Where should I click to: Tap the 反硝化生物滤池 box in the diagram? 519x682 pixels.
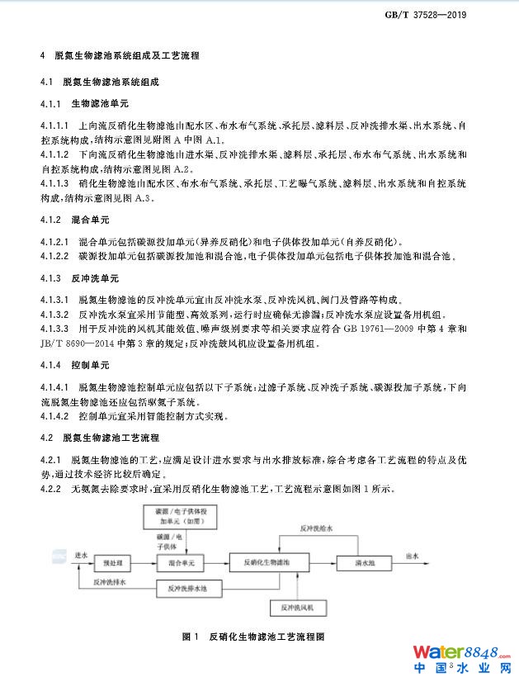click(x=268, y=562)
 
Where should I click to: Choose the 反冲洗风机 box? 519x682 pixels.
click(x=302, y=609)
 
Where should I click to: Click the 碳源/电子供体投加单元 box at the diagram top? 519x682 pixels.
click(x=186, y=517)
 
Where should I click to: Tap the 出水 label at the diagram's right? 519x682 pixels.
click(x=413, y=556)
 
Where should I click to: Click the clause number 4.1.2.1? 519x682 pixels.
click(x=54, y=242)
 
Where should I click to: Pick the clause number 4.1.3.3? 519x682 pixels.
click(x=54, y=329)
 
